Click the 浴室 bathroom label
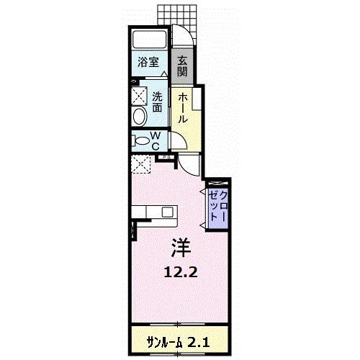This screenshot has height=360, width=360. pos(149,63)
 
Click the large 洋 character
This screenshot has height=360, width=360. pos(180,248)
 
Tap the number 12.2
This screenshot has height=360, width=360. pos(180,273)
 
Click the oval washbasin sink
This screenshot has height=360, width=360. pos(139,117)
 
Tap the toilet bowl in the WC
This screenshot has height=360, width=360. pos(140,140)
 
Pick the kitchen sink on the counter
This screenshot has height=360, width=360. pos(167,212)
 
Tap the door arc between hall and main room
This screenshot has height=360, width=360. pos(189,165)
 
